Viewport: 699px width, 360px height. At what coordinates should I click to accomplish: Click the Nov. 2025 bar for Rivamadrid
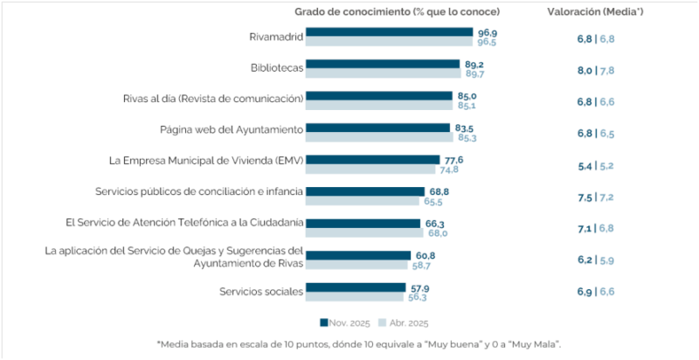[x=391, y=32]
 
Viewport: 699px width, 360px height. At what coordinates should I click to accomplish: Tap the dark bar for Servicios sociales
[x=356, y=287]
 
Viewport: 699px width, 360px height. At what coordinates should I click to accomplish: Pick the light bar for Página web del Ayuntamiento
[x=377, y=137]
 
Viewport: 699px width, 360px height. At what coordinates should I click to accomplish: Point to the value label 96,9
[x=487, y=31]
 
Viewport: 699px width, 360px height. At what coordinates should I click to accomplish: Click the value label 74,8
[x=449, y=169]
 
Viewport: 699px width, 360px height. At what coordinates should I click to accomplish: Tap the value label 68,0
[x=438, y=232]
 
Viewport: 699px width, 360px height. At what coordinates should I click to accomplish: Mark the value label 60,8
[x=425, y=254]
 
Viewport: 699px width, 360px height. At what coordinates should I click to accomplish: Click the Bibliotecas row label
[x=276, y=66]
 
